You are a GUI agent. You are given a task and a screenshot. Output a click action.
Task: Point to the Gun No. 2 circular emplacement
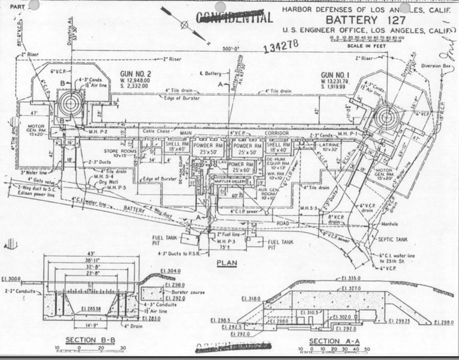[x=71, y=104]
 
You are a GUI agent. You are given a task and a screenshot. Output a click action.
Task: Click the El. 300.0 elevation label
[x=12, y=279]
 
